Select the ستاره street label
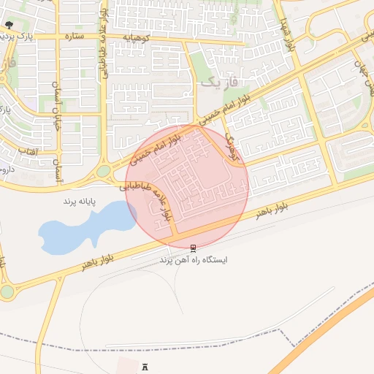(75, 35)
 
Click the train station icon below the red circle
(193, 248)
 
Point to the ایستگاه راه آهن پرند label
(194, 259)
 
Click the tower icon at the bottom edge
(144, 366)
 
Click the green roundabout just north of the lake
(104, 171)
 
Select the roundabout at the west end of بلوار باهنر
(7, 291)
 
